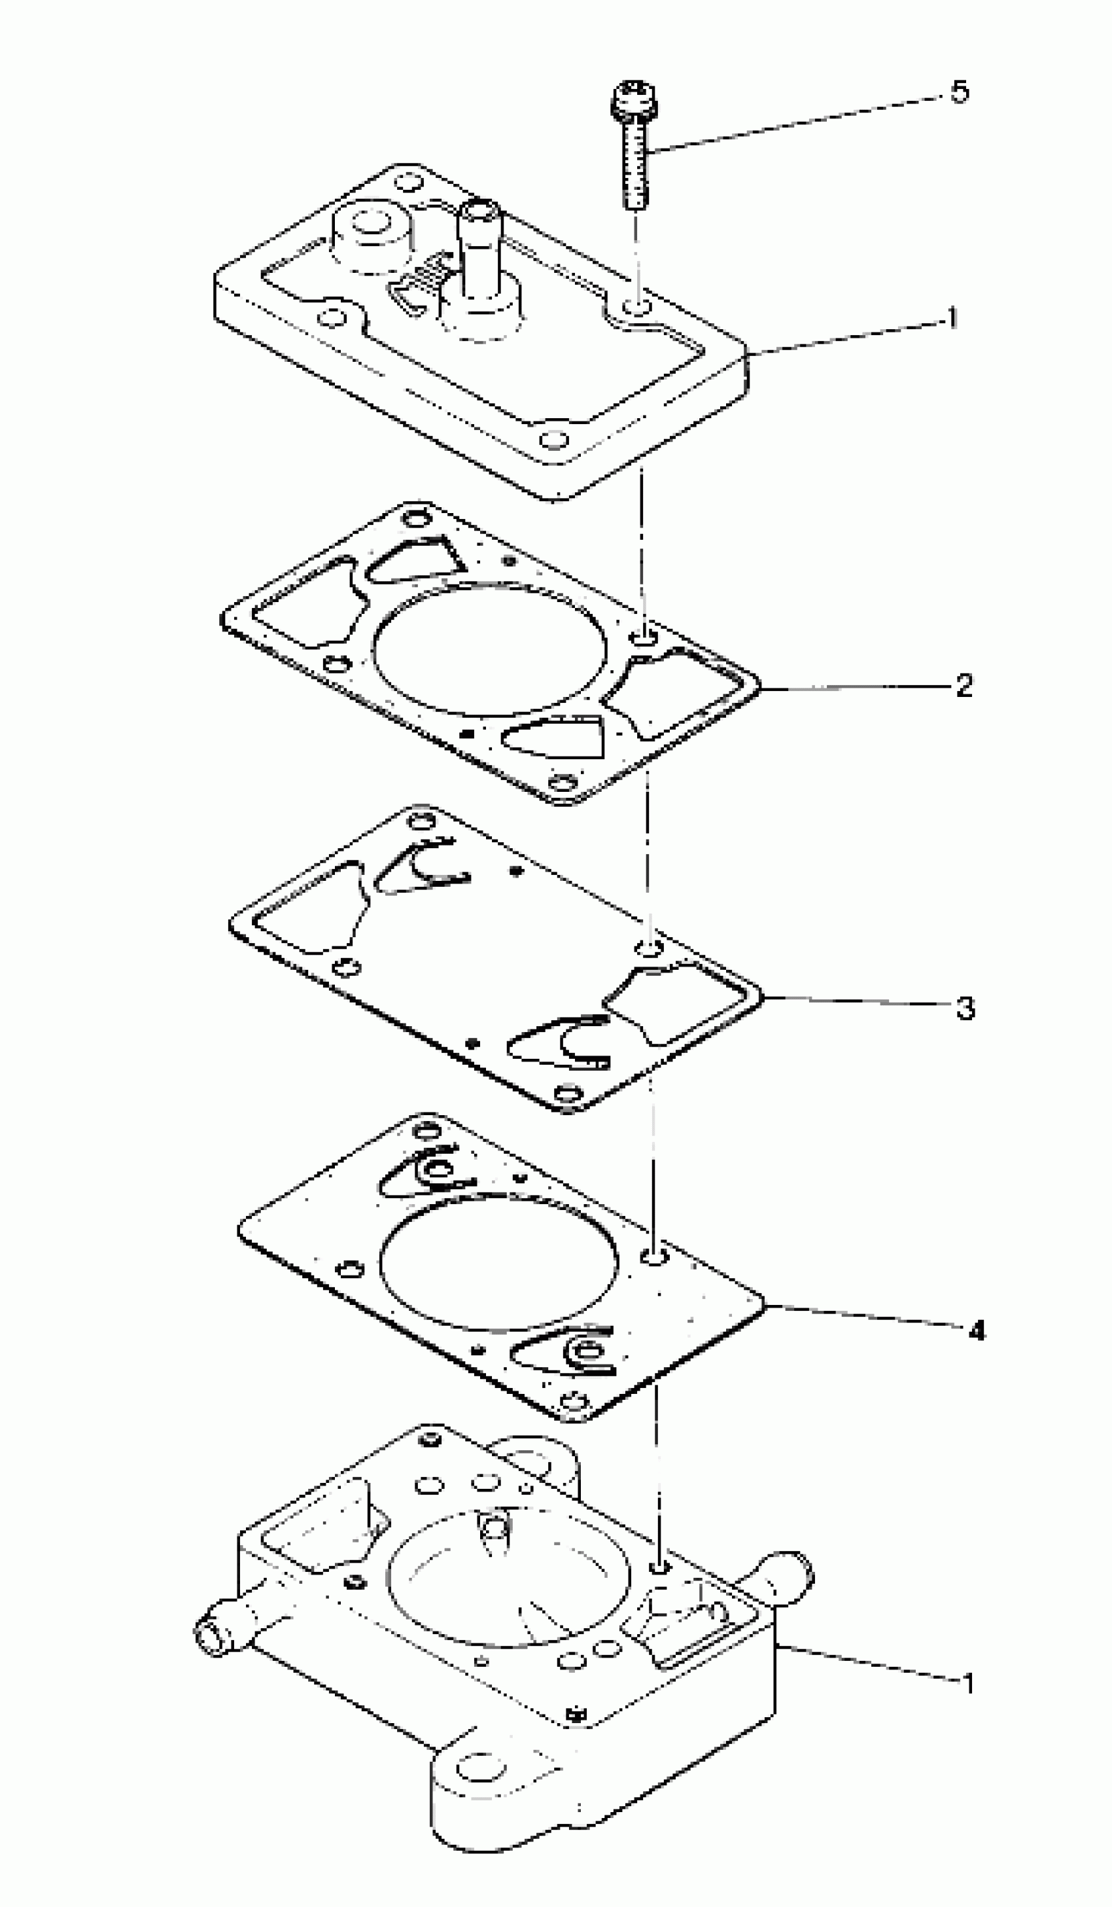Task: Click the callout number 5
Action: point(959,92)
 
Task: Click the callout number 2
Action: point(964,686)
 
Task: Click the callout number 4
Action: point(977,1330)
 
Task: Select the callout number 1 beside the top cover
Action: point(952,318)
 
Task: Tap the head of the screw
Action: point(634,102)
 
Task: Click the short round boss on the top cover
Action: point(371,234)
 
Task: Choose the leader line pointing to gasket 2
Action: point(855,688)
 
